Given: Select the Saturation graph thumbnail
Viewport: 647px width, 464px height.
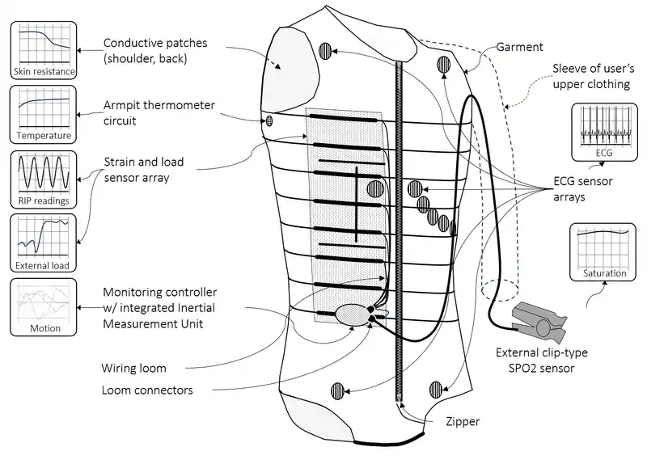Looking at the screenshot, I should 604,252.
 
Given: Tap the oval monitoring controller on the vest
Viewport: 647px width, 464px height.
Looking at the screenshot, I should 353,314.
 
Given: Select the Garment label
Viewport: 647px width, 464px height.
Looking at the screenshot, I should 520,48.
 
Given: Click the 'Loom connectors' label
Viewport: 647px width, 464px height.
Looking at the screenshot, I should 147,390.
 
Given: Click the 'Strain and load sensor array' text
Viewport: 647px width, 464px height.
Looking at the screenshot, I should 147,169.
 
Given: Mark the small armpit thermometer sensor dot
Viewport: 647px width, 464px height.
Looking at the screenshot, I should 270,121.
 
